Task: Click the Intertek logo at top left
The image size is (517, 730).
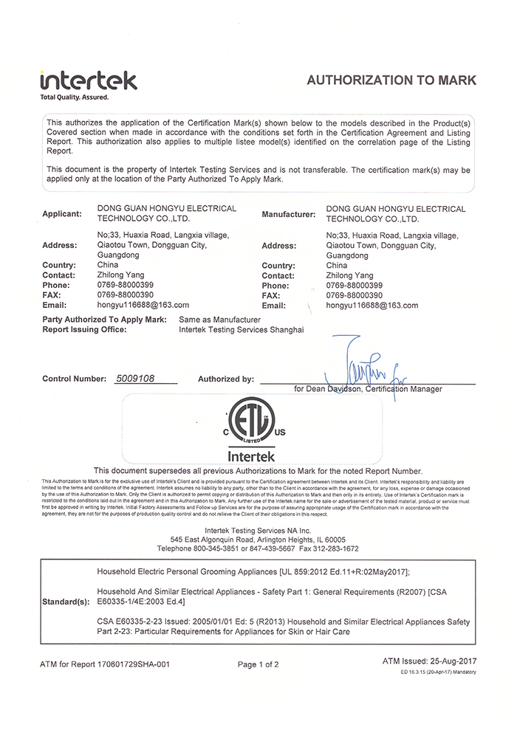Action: [x=88, y=80]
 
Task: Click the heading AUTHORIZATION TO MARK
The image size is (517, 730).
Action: [x=391, y=80]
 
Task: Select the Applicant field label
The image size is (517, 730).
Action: [x=62, y=214]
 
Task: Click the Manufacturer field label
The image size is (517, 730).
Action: [x=288, y=214]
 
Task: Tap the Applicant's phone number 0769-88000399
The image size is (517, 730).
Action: [x=125, y=285]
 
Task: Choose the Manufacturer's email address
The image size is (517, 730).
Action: [x=372, y=305]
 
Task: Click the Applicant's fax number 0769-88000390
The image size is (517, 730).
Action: [x=125, y=295]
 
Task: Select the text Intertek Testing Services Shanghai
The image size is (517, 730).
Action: [x=242, y=329]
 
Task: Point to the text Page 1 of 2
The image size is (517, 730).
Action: [x=258, y=664]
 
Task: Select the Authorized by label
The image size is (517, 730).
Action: [x=226, y=379]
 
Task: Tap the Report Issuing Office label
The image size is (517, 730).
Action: [x=85, y=329]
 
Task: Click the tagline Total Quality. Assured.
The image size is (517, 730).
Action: [x=75, y=97]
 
